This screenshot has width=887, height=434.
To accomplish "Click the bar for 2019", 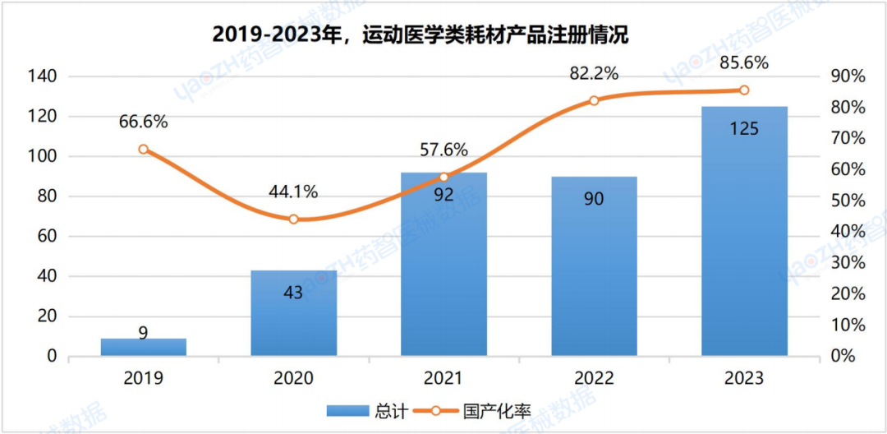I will tap(144, 347).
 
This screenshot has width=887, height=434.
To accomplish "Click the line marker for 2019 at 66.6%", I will tap(144, 150).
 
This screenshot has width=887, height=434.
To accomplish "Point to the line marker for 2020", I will tap(294, 219).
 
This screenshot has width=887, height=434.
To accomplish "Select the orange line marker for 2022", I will tap(594, 100).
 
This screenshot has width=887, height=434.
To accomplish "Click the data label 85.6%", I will tap(744, 62).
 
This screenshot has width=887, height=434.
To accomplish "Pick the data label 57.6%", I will tap(443, 150).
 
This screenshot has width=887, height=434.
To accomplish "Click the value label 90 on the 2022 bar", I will tap(594, 199).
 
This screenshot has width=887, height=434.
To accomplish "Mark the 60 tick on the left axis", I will tap(45, 237).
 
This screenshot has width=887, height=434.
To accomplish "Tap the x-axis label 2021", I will tap(443, 378).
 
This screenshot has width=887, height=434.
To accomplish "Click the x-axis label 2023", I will tap(744, 378).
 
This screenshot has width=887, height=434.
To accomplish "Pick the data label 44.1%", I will tap(294, 192).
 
